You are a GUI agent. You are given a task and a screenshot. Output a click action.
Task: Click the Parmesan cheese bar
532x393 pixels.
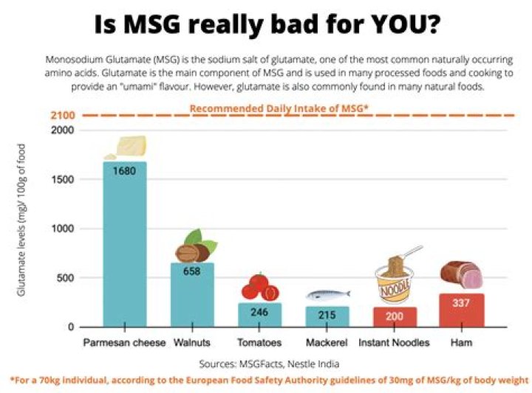click(x=124, y=243)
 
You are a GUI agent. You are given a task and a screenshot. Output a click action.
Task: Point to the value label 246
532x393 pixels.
click(x=259, y=312)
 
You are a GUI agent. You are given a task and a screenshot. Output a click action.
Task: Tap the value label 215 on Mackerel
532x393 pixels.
click(x=327, y=316)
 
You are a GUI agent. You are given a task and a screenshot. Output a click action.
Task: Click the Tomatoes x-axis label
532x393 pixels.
click(x=259, y=343)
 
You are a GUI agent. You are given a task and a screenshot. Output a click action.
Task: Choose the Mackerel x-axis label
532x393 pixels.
click(x=327, y=343)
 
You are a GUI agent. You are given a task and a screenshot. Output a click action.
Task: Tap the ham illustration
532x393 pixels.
click(x=460, y=274)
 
